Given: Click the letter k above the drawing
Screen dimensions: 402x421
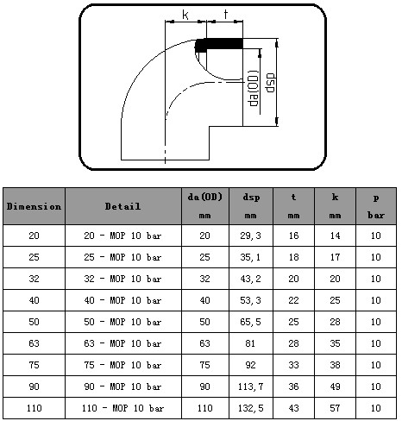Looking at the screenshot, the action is coord(185,15).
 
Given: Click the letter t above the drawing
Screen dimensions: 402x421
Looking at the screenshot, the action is coord(226,14).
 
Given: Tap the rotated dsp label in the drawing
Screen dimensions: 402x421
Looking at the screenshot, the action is coord(271,83).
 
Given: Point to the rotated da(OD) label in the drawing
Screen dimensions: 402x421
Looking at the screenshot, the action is coord(254,88).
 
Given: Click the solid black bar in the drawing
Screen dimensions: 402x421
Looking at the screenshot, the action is coord(219,45).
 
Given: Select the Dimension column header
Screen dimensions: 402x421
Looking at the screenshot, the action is coord(34,206).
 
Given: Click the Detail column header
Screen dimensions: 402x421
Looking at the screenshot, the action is coord(122,206).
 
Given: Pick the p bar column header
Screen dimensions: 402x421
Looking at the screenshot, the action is coord(376,206).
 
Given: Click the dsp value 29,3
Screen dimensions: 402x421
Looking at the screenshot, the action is coord(250,236).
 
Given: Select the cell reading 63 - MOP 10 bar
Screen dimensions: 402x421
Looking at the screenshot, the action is coord(122,343).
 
